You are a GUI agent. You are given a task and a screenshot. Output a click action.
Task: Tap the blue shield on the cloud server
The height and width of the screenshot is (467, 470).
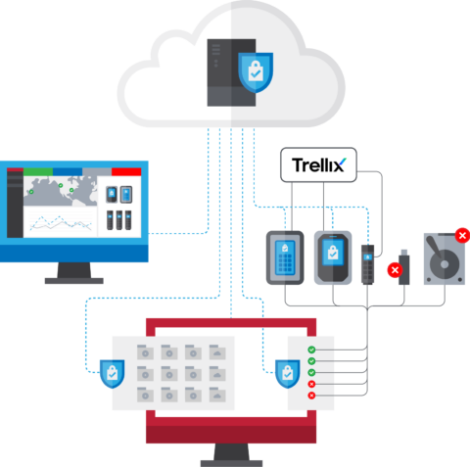256,70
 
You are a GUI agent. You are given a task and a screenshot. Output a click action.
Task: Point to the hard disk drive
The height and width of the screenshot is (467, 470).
446,259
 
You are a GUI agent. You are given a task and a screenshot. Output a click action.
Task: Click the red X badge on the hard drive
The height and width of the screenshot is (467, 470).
461,235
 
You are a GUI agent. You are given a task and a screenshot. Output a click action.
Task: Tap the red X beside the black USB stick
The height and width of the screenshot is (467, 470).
394,269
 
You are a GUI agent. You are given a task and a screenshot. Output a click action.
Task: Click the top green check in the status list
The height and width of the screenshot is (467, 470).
311,350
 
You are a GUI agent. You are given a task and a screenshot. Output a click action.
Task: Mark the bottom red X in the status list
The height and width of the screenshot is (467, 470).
311,395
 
